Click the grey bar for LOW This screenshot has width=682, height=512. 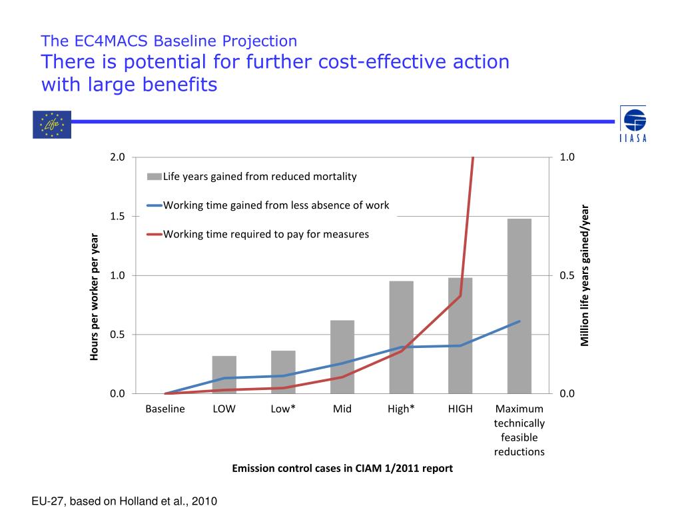point(224,375)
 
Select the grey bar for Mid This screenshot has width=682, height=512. point(342,357)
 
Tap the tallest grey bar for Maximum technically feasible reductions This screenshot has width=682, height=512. point(519,306)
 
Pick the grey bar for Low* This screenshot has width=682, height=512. point(283,372)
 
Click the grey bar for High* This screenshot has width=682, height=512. point(401,337)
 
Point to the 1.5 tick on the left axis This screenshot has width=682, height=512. point(117,217)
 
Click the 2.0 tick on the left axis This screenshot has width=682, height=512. point(117,157)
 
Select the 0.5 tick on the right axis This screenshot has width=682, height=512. point(567,275)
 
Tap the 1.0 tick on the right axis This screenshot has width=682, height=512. point(567,157)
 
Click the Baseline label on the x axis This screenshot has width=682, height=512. point(165,409)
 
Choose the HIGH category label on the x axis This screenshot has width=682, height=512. point(460,409)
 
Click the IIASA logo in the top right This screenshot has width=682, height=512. point(633,124)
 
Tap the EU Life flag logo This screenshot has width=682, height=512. point(51,125)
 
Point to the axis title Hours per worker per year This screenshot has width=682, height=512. point(95,297)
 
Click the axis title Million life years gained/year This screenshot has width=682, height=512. point(585,275)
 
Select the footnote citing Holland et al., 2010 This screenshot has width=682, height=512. point(125,501)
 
